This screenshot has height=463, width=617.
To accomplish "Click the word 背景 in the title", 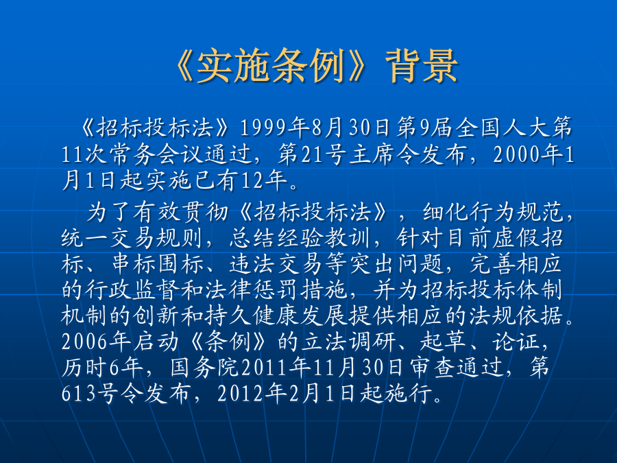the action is [422, 66].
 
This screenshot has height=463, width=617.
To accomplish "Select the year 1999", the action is [263, 128].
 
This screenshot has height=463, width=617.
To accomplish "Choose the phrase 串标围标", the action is [158, 264].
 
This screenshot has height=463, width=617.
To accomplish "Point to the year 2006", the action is [84, 342].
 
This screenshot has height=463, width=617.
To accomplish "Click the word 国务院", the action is [205, 368].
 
